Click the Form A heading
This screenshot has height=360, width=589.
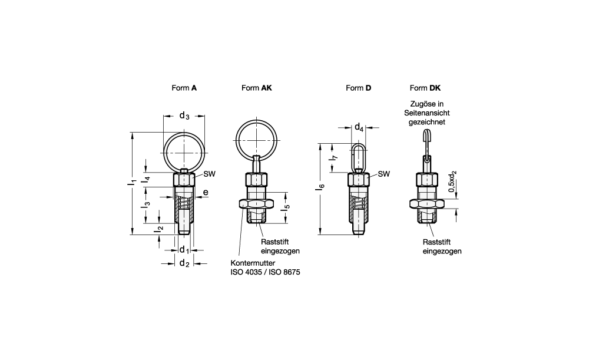click(184, 88)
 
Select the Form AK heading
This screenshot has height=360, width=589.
click(257, 88)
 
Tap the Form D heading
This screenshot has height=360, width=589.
click(358, 88)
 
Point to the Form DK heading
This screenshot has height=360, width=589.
click(425, 88)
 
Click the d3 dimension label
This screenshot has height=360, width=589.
click(184, 115)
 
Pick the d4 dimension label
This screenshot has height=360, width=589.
click(359, 127)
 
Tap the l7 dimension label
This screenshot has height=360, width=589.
click(334, 158)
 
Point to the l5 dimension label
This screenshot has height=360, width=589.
click(287, 206)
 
